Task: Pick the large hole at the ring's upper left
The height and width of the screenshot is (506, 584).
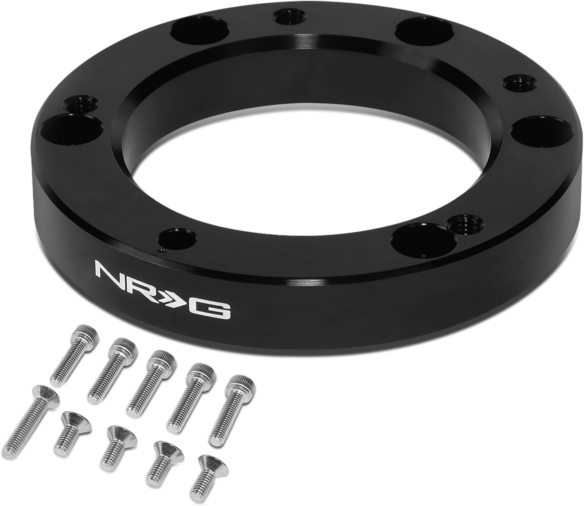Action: point(190,30)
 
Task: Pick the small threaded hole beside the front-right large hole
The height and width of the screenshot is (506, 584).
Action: point(460,226)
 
